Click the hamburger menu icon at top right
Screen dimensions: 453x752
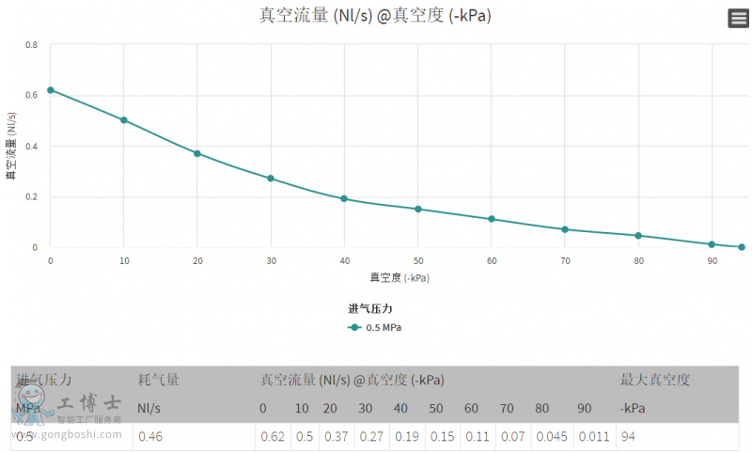738,18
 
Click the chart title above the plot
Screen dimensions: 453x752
375,15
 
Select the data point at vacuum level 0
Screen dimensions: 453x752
51,90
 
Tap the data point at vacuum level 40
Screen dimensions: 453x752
344,198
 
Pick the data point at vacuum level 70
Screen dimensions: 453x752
565,229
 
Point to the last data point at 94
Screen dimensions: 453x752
742,247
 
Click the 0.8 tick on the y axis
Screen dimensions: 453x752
32,44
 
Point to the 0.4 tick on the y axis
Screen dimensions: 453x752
32,146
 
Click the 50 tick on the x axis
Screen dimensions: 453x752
418,260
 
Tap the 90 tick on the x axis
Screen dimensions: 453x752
712,260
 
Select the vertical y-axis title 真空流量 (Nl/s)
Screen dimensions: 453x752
11,146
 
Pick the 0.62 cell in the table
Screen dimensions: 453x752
272,437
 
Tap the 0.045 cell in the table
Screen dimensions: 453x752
550,437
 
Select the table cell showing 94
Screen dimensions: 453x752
628,437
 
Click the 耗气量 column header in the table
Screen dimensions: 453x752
159,380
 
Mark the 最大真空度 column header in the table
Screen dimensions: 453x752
655,380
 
